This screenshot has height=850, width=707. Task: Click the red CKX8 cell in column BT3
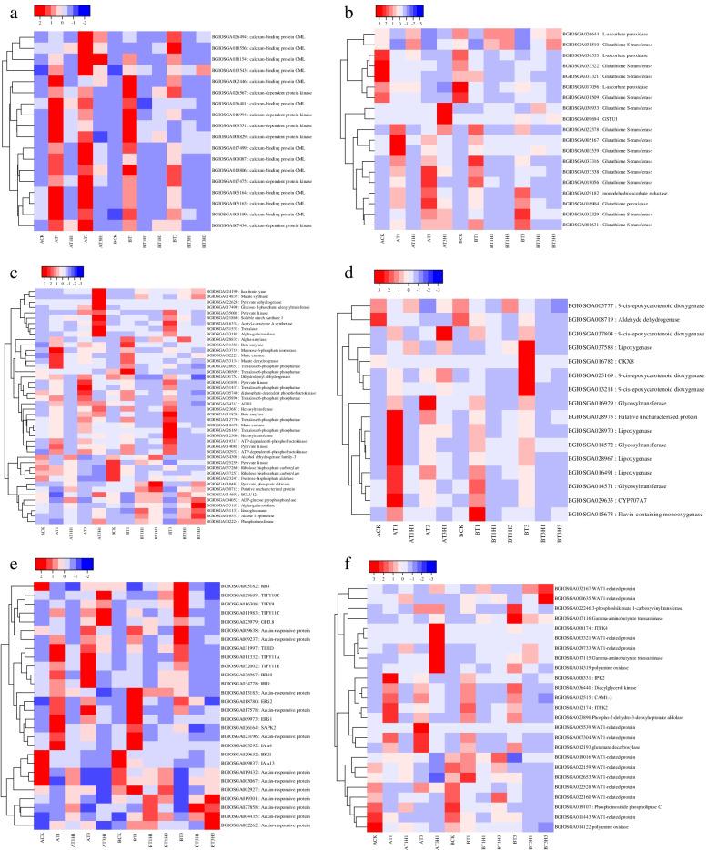coord(525,361)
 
